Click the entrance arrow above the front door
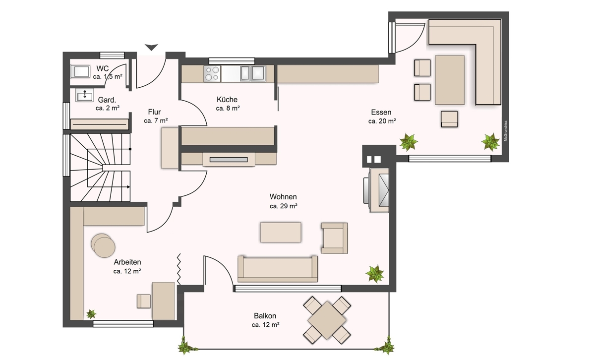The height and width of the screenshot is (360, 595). point(151,47)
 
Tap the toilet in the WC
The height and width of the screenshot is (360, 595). point(80,71)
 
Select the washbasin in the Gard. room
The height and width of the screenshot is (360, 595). point(84,95)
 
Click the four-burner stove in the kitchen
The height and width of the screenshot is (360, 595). point(212,73)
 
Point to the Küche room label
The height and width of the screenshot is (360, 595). point(227,99)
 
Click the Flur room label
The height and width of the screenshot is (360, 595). point(154,112)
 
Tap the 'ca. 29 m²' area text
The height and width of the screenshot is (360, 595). point(284,206)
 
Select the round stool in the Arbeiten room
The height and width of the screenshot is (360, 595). point(103,246)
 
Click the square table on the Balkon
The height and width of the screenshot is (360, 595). point(327,320)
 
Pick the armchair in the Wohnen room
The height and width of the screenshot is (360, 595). point(334,238)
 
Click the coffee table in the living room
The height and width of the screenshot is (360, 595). point(281,233)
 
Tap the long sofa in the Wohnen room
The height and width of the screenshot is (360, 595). point(278,269)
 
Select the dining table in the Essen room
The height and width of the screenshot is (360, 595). point(450,80)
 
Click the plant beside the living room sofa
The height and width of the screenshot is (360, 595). point(375,273)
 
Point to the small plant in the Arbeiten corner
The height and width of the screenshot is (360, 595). point(91,314)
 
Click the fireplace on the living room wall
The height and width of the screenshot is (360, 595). point(376,190)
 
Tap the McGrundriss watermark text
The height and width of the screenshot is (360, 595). point(505,131)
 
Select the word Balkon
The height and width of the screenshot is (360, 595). point(265,316)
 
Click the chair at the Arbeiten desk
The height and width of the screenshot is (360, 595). point(144,301)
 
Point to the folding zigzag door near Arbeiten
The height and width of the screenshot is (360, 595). point(179,269)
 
